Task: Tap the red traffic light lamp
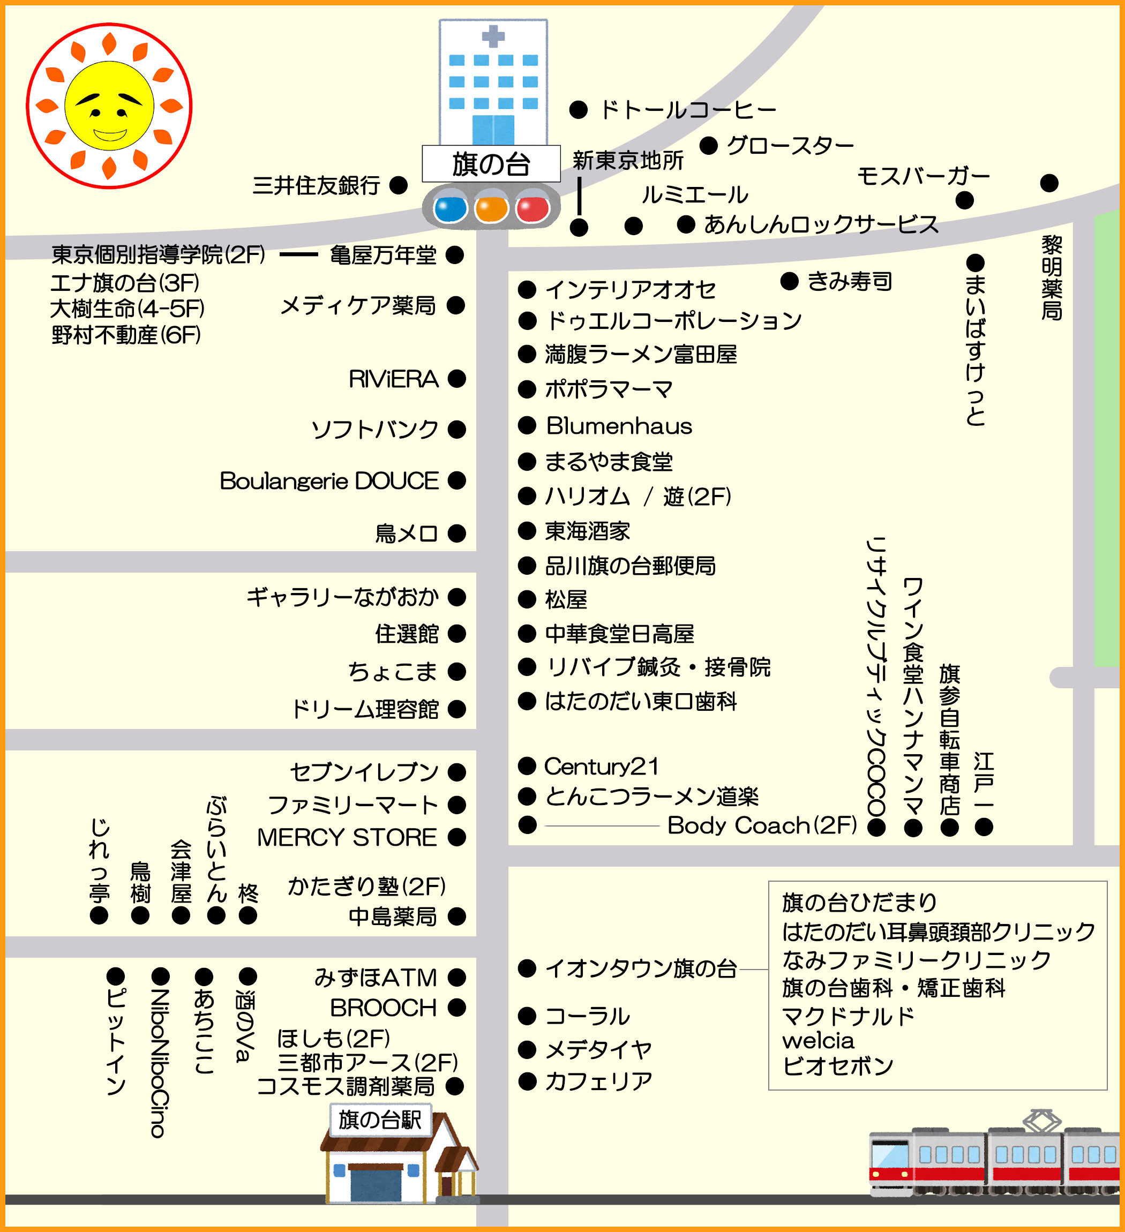click(x=532, y=208)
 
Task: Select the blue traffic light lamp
click(x=450, y=208)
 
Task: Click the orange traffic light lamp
click(x=491, y=208)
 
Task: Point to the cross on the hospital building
click(x=493, y=36)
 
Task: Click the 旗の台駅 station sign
click(x=380, y=1120)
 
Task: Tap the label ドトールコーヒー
click(x=688, y=110)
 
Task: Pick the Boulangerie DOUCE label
click(x=329, y=481)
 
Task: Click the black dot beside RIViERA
click(x=456, y=379)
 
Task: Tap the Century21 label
click(x=601, y=767)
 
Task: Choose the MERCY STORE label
click(x=347, y=837)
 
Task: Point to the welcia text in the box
click(x=817, y=1040)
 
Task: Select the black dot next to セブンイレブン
click(x=456, y=772)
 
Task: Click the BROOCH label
click(x=383, y=1008)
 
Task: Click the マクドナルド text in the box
click(x=847, y=1016)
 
